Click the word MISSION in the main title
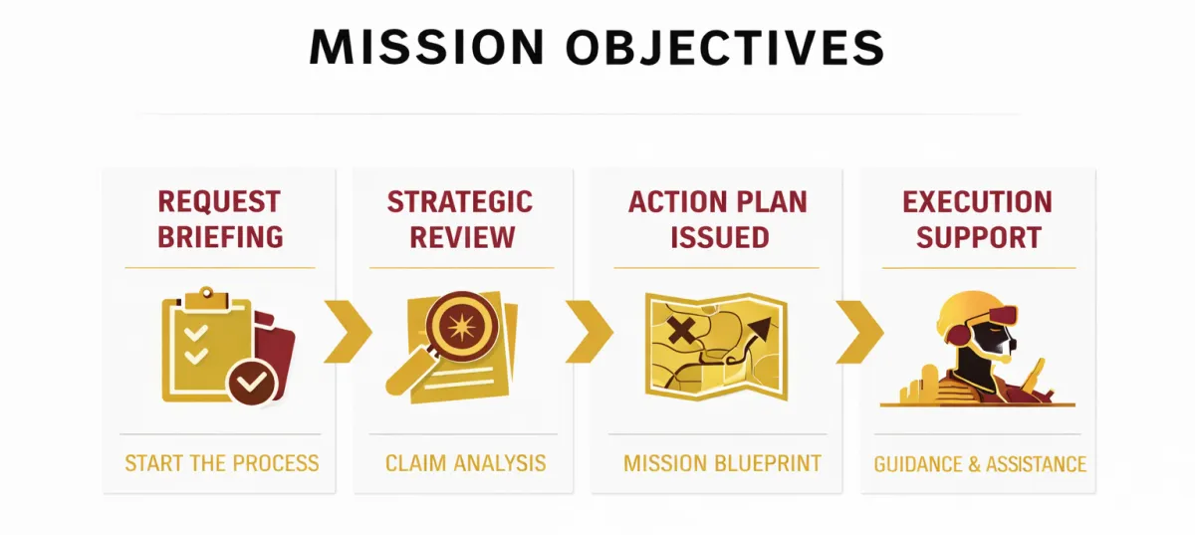click(x=427, y=47)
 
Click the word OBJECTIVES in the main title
click(x=726, y=47)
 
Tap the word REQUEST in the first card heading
click(x=219, y=202)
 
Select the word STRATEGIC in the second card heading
click(x=460, y=202)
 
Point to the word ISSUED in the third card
click(x=720, y=237)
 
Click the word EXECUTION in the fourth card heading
click(x=977, y=202)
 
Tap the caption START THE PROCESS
click(x=222, y=463)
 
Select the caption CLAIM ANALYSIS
click(x=466, y=463)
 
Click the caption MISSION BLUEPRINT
click(x=722, y=463)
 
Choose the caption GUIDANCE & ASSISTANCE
click(x=980, y=464)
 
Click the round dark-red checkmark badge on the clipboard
click(x=252, y=382)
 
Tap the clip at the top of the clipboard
click(x=206, y=299)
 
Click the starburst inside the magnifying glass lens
click(x=461, y=326)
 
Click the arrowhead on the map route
click(x=761, y=329)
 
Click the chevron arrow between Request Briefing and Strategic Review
click(x=348, y=332)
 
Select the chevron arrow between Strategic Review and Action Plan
click(x=589, y=332)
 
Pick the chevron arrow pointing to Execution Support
click(x=859, y=332)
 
